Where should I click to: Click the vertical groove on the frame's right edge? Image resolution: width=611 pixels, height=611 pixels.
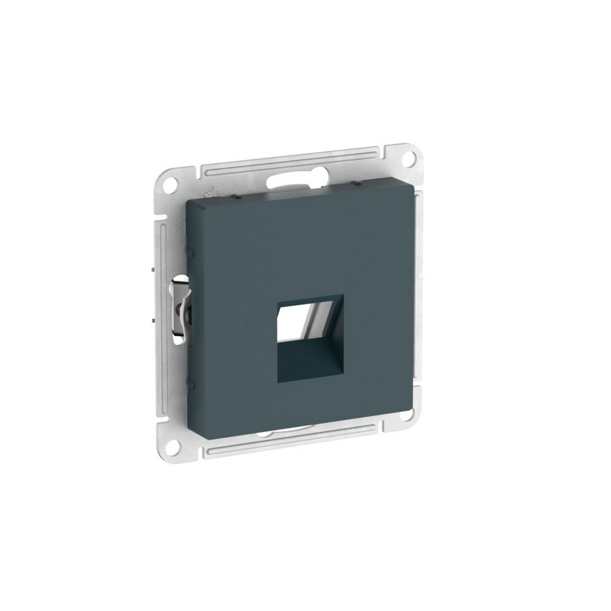(x=419, y=295)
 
